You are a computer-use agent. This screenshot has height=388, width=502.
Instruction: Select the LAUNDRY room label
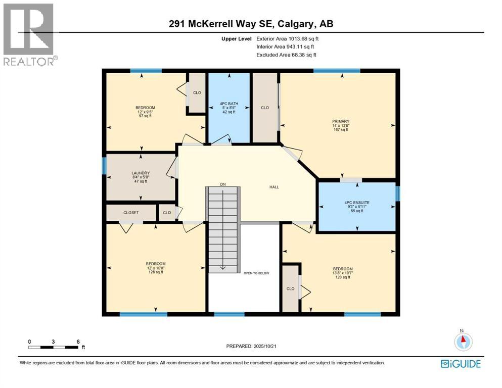pyautogui.click(x=141, y=173)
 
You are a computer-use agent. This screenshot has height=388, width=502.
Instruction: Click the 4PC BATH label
pyautogui.click(x=230, y=104)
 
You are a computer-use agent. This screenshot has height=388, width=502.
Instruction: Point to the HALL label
pyautogui.click(x=274, y=187)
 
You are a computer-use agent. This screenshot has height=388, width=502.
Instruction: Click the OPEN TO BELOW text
pyautogui.click(x=257, y=273)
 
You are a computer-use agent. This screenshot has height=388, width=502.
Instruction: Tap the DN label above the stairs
pyautogui.click(x=222, y=184)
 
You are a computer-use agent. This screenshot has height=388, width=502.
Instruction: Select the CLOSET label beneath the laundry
pyautogui.click(x=131, y=213)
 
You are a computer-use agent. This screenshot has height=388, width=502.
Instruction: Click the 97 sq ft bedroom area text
pyautogui.click(x=145, y=116)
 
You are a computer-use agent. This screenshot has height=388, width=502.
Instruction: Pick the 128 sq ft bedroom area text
pyautogui.click(x=156, y=272)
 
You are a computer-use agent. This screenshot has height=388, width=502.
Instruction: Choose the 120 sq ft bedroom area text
pyautogui.click(x=343, y=277)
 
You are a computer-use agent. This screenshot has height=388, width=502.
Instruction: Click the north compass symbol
pyautogui.click(x=462, y=341)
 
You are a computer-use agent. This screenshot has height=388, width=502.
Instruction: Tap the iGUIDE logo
pyautogui.click(x=461, y=364)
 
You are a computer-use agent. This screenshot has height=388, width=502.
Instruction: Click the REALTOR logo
pyautogui.click(x=28, y=34)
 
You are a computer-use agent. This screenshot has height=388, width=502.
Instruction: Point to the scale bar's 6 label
pyautogui.click(x=78, y=342)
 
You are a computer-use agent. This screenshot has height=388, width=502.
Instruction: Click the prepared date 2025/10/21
pyautogui.click(x=273, y=346)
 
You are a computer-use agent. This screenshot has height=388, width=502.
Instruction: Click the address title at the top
pyautogui.click(x=251, y=24)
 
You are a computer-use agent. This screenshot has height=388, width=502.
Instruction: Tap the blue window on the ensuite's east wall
pyautogui.click(x=397, y=193)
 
